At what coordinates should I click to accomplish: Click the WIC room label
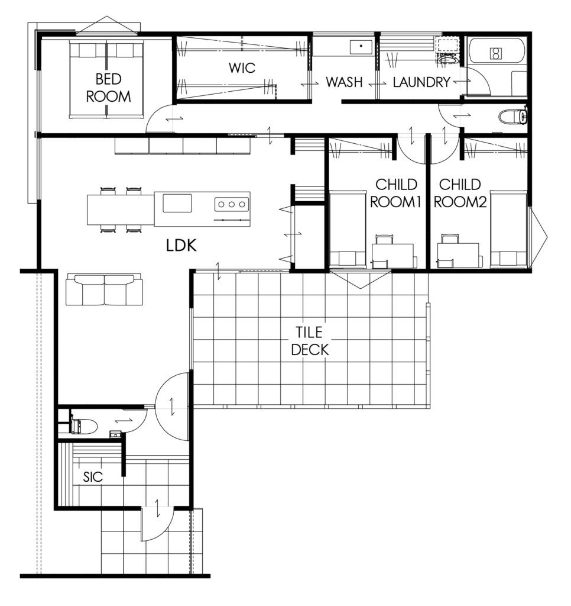point(242,68)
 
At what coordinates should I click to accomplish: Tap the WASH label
point(344,82)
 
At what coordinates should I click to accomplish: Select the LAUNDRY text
point(421,82)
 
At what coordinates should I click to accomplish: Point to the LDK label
point(181,246)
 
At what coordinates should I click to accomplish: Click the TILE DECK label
point(310,341)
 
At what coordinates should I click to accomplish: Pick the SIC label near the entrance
point(93,477)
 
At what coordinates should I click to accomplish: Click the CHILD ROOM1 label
point(395,193)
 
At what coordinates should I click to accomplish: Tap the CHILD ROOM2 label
point(460,193)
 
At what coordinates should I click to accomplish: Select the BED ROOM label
point(109,88)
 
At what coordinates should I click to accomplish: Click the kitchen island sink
point(177,204)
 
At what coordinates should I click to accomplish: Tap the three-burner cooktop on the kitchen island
point(232,204)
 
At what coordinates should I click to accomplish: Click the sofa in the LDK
point(104,289)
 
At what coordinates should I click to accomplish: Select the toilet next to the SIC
point(84,426)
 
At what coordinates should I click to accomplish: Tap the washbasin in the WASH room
point(361,47)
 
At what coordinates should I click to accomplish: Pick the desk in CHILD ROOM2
point(458,255)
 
